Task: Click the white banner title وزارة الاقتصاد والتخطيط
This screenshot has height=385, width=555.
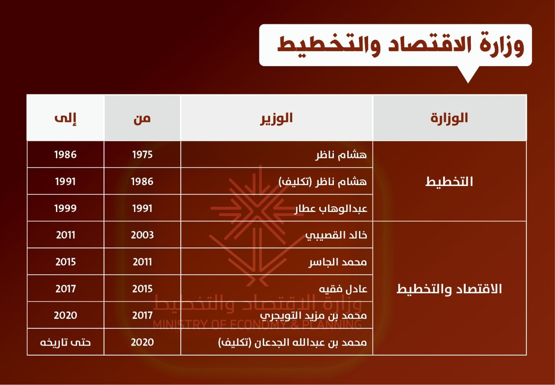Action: (401, 45)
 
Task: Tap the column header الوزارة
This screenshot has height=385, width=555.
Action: (449, 118)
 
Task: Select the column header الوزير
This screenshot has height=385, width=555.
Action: (276, 118)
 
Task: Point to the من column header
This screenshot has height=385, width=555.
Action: (142, 119)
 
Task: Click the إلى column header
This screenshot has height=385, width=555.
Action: (65, 118)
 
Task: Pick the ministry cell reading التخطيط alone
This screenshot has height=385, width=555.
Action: (449, 181)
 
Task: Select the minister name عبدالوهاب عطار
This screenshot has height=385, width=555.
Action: (331, 209)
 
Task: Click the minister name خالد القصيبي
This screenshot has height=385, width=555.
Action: (336, 235)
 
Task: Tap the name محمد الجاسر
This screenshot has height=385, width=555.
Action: (338, 262)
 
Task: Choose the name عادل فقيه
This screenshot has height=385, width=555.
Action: (343, 289)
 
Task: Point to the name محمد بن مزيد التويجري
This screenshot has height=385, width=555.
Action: (314, 316)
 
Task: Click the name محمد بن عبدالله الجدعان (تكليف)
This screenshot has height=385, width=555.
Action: (293, 343)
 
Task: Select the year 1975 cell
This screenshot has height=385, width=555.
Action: (142, 155)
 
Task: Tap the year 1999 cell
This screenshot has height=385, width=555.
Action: (65, 209)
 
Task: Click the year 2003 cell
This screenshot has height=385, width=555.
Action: (142, 235)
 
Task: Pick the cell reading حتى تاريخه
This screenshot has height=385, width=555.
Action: (65, 343)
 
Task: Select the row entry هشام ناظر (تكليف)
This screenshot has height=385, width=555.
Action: (323, 182)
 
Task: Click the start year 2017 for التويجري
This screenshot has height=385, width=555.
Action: (142, 315)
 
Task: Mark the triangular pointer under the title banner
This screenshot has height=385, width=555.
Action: (468, 74)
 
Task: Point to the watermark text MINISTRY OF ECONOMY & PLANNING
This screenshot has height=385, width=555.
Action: (257, 325)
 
